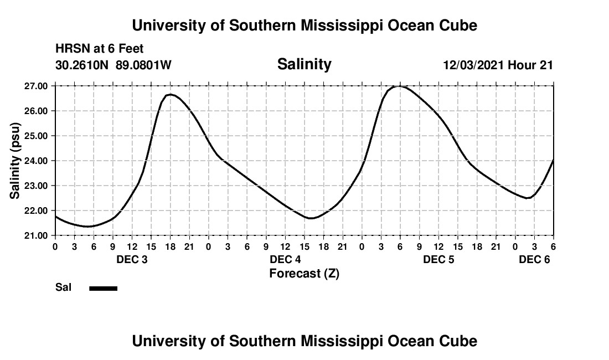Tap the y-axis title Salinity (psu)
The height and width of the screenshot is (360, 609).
tap(15, 161)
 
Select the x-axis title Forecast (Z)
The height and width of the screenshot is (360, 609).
tap(304, 273)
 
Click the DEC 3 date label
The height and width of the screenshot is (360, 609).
tap(132, 260)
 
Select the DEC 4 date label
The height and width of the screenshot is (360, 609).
tap(285, 260)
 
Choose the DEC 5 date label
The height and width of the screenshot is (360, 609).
tap(438, 260)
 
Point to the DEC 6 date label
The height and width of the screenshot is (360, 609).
tap(534, 260)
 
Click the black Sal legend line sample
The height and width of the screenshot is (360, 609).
tap(103, 288)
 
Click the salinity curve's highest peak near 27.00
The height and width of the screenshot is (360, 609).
tap(400, 86)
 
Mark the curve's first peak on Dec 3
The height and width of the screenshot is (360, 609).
tap(170, 95)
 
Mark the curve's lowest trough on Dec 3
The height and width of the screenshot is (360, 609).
tap(87, 226)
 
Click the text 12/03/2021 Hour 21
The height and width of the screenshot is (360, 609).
tap(498, 65)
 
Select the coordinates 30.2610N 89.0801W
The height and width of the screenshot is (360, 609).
tap(113, 65)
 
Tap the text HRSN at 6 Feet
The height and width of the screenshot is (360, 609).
tap(100, 49)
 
